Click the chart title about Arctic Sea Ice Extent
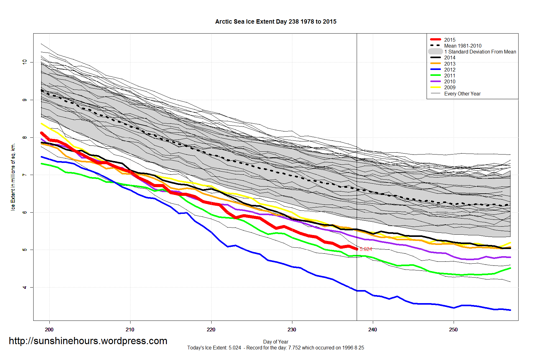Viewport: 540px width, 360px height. [276, 22]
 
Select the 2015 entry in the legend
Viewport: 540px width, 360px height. [450, 40]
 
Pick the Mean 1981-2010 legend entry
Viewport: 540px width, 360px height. [462, 46]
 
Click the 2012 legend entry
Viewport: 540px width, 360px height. [450, 70]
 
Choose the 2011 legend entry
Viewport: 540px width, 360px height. [450, 76]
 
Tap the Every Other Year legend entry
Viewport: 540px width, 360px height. [462, 94]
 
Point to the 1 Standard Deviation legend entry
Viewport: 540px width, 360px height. [480, 52]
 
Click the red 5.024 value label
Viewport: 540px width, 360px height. [366, 249]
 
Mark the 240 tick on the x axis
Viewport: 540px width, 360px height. [373, 330]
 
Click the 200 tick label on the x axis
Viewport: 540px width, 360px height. [49, 330]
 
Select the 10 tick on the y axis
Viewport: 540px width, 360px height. [25, 62]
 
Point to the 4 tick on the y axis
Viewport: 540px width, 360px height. [25, 287]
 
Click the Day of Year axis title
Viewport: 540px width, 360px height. [276, 342]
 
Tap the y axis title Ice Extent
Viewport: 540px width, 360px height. [13, 177]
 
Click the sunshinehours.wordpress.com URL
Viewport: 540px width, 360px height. [88, 341]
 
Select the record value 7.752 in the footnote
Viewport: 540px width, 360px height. [294, 348]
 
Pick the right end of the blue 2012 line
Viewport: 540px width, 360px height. [510, 310]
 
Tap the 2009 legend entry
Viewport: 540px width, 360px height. [450, 87]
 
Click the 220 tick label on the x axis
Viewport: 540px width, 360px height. [211, 330]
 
